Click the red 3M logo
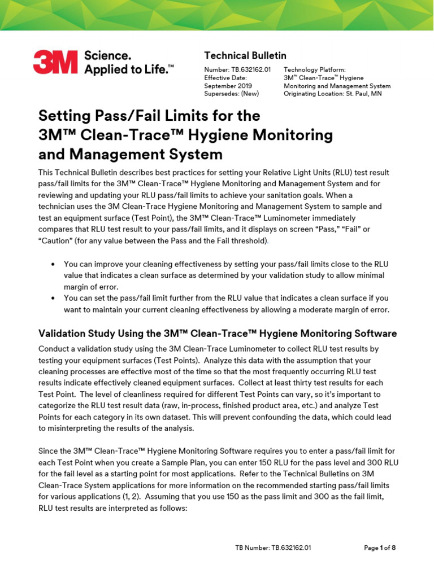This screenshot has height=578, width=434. [x=55, y=62]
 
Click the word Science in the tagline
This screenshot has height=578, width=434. [x=107, y=56]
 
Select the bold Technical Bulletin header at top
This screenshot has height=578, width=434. [x=245, y=55]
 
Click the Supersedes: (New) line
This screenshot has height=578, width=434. [x=231, y=94]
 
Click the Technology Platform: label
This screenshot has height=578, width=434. [x=314, y=69]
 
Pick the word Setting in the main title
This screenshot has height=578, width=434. [x=64, y=116]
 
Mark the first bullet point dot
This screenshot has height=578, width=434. [x=53, y=264]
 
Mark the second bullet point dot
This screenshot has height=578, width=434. [x=53, y=297]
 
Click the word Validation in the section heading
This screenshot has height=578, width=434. [x=64, y=334]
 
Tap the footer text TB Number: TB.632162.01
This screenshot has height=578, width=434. [x=274, y=548]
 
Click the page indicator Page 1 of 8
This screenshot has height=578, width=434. [x=380, y=548]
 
